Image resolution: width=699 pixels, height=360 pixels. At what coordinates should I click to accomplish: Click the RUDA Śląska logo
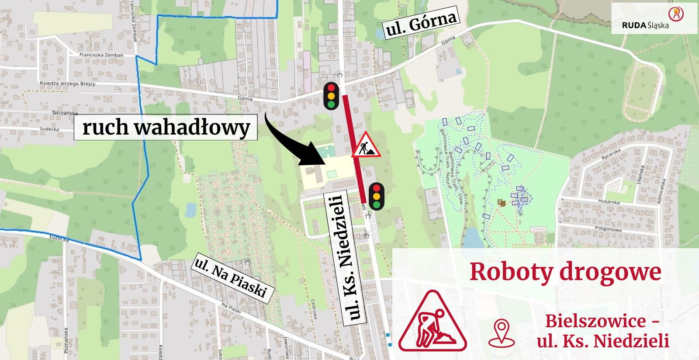point(654,18)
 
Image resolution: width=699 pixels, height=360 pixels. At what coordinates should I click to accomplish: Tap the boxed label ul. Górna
point(421,22)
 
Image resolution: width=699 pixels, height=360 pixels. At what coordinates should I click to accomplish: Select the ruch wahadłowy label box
point(166,127)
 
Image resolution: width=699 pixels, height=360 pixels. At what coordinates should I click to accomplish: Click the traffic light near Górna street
point(331,96)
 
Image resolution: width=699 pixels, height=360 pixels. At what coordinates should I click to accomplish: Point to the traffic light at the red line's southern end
point(376,196)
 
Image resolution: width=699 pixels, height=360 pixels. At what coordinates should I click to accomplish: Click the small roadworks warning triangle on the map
point(366,145)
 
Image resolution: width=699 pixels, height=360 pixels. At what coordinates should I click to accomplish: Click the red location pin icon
point(502,333)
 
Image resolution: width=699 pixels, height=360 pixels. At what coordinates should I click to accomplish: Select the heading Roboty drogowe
point(565,272)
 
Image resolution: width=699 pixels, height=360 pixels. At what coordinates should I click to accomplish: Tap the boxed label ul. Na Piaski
point(230,278)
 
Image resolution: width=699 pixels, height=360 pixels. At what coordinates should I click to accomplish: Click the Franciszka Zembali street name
point(101,55)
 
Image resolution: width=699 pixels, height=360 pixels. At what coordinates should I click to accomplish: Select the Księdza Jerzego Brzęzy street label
point(67,83)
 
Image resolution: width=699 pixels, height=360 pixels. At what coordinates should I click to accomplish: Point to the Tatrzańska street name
point(65,113)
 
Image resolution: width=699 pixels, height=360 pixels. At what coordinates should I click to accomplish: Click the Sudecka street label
point(49,129)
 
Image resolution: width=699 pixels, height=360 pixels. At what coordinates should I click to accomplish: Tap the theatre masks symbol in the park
point(501,202)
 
